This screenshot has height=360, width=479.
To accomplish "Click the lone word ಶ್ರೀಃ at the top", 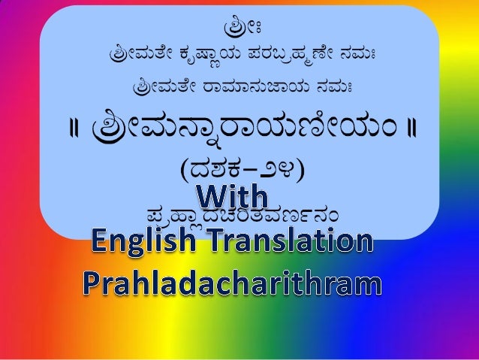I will point(239,31).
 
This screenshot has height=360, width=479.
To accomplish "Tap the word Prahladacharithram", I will point(231,283).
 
